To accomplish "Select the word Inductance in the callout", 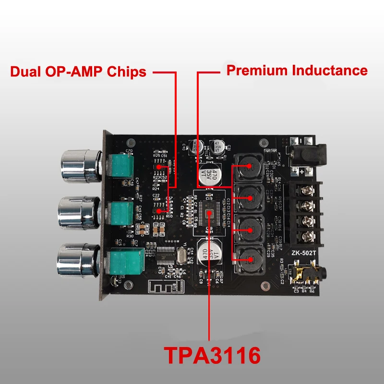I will coord(330,71).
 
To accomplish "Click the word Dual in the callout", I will coord(27,72).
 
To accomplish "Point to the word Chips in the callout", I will coord(127,72).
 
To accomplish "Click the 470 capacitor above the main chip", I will coord(210,175).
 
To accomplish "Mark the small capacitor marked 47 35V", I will coord(217,146).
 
